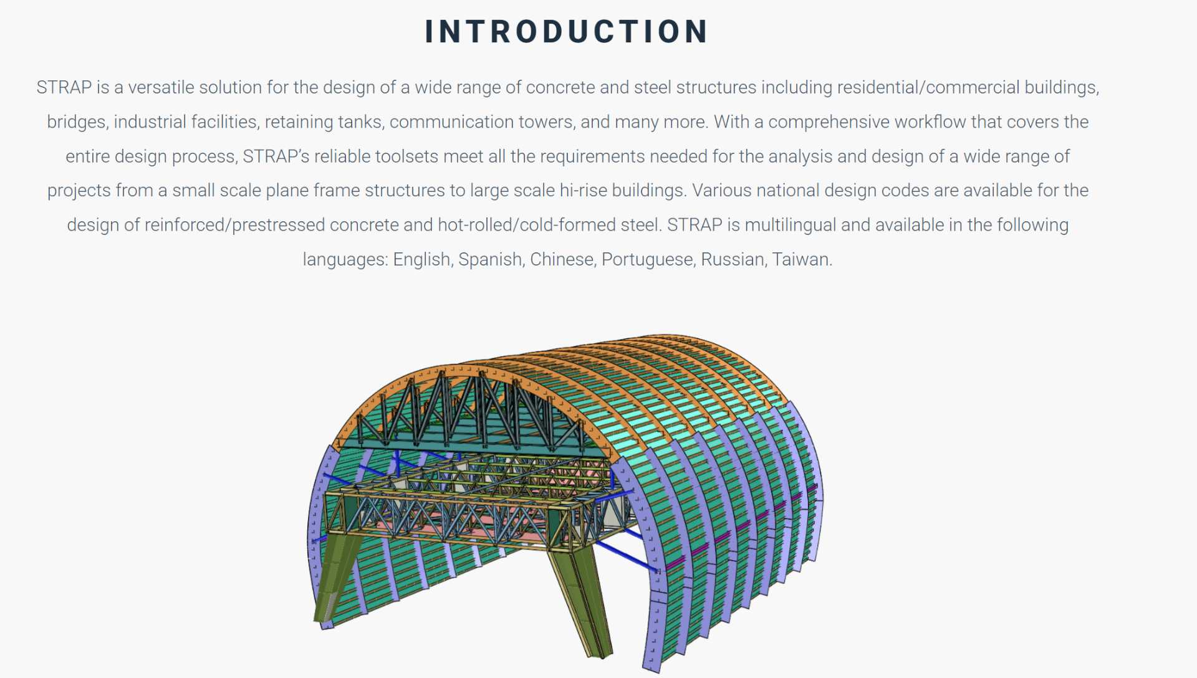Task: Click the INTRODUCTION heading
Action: (566, 31)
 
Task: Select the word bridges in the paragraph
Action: (76, 122)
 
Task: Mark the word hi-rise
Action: (583, 190)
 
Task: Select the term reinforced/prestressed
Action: (234, 225)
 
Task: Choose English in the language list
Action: (422, 259)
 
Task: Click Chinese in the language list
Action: (562, 259)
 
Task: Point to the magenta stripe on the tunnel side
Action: (742, 527)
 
